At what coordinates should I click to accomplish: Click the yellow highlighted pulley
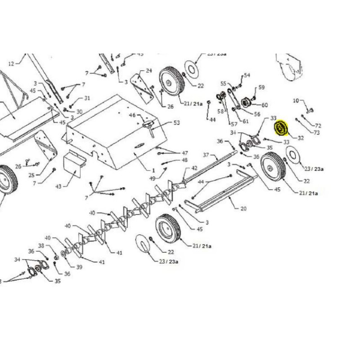pyautogui.click(x=281, y=128)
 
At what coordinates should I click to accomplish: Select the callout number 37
pyautogui.click(x=207, y=155)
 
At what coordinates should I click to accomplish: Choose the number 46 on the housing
pyautogui.click(x=132, y=116)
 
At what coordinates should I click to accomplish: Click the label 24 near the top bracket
pyautogui.click(x=149, y=71)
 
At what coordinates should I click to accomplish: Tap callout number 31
pyautogui.click(x=87, y=99)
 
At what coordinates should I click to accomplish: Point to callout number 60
pyautogui.click(x=265, y=105)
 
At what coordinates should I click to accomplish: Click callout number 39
pyautogui.click(x=79, y=267)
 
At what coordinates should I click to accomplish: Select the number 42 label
pyautogui.click(x=194, y=168)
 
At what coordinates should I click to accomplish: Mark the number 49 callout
pyautogui.click(x=152, y=179)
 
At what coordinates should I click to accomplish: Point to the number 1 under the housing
pyautogui.click(x=153, y=171)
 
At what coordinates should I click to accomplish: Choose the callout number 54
pyautogui.click(x=247, y=75)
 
